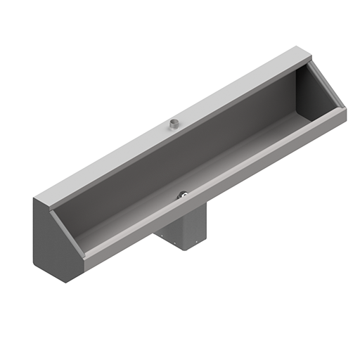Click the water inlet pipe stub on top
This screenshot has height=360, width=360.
click(x=172, y=125)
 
